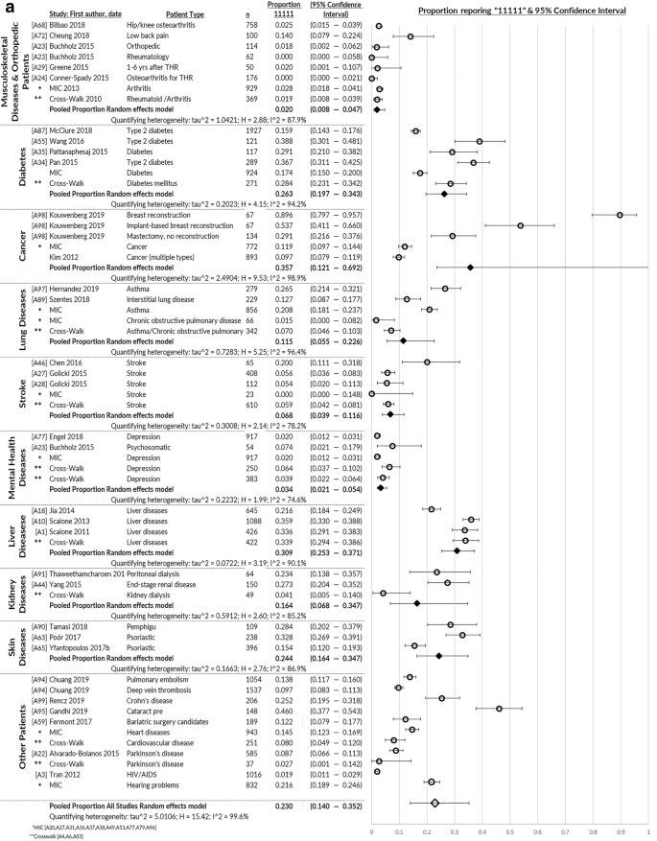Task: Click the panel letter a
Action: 9,9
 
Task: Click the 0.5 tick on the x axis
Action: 509,832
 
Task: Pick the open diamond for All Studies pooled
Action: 434,804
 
